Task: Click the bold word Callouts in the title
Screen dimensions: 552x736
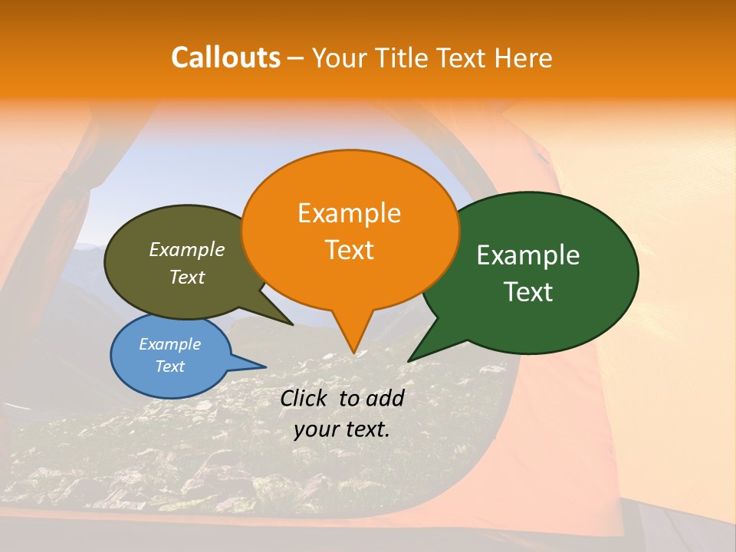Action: (225, 58)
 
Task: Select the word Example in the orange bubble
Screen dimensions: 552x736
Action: (349, 213)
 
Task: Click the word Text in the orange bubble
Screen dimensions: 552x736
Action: (349, 250)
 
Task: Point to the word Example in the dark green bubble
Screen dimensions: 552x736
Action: (528, 255)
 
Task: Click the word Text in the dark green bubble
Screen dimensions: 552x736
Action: (528, 292)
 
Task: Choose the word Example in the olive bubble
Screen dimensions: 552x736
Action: (187, 249)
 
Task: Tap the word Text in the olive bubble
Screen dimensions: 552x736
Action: (187, 277)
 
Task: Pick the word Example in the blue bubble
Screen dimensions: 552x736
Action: (170, 344)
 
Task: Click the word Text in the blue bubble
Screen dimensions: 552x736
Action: (170, 366)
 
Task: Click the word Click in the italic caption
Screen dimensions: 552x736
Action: (306, 398)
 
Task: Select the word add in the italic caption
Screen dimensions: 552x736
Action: (385, 398)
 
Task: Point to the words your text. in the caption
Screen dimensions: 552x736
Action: (342, 429)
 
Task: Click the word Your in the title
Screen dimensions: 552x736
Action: (340, 58)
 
